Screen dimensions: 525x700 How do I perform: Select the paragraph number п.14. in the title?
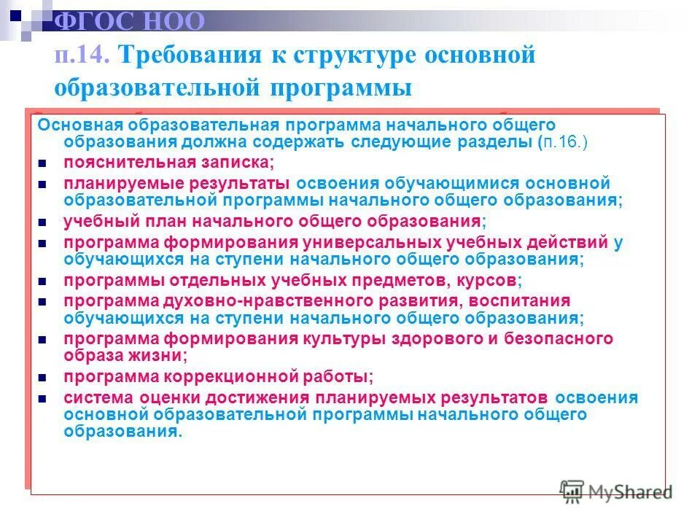(81, 55)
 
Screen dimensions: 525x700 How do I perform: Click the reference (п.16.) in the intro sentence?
(564, 142)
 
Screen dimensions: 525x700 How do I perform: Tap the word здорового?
(404, 338)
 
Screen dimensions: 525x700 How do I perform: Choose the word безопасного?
(548, 338)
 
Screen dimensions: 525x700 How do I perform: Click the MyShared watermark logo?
(616, 491)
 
